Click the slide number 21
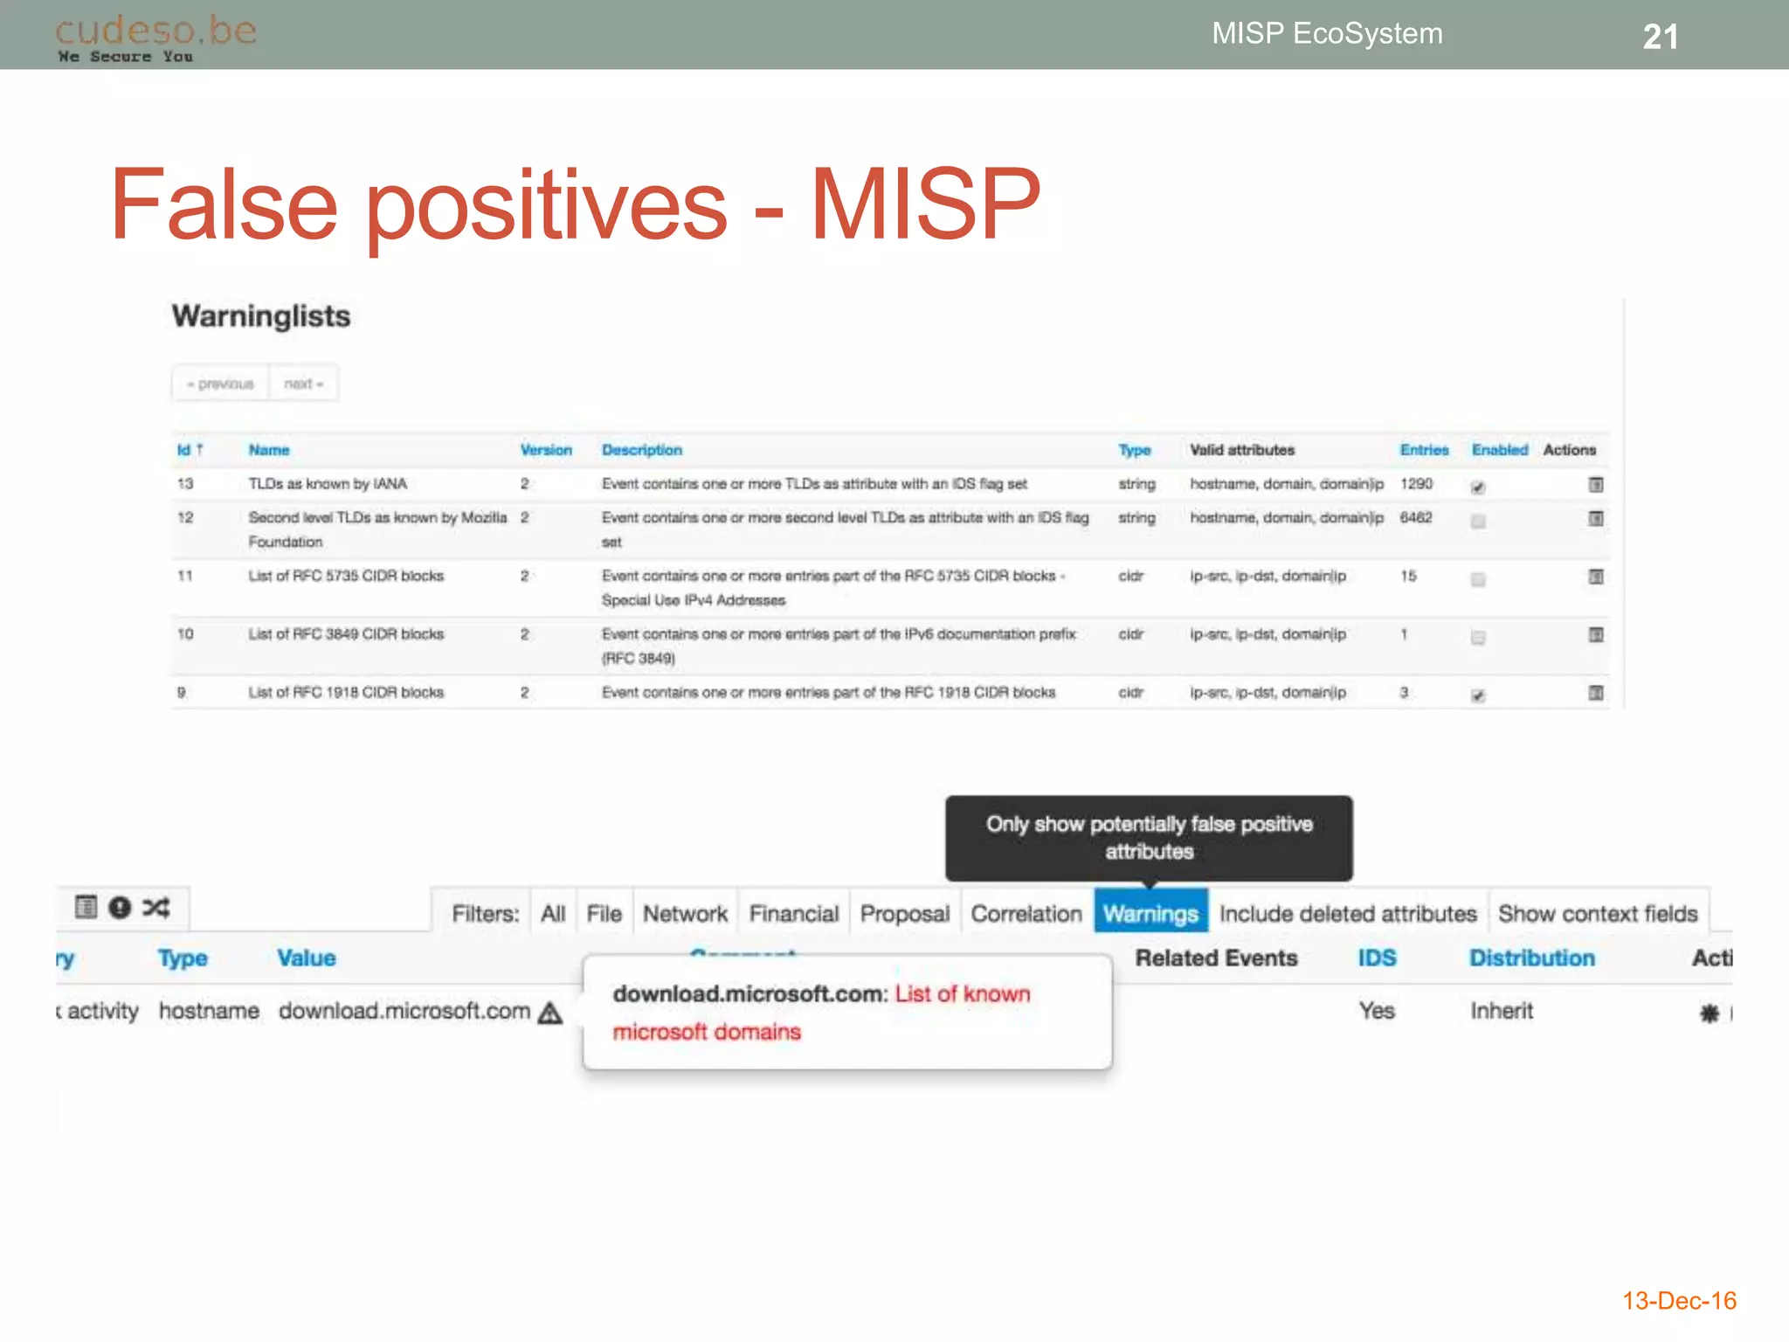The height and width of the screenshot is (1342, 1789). point(1660,37)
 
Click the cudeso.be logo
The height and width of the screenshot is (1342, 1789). point(155,38)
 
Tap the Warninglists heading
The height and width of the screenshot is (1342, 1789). point(260,316)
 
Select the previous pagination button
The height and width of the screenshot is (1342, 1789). point(220,384)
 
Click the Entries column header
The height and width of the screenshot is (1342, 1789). point(1424,450)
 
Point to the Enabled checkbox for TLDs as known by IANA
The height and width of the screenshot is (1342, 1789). point(1478,488)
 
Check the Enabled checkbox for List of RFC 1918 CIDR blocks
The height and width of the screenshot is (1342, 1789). point(1478,696)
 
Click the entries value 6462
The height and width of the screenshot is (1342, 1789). point(1416,517)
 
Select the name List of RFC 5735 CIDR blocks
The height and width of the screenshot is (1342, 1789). point(346,576)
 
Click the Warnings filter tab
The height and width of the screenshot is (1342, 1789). point(1150,913)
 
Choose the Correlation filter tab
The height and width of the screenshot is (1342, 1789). point(1026,913)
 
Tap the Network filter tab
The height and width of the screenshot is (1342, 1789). point(685,913)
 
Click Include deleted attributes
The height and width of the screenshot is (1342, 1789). point(1348,913)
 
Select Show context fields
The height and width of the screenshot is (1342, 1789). point(1598,913)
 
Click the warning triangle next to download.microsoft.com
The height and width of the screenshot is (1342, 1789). point(550,1013)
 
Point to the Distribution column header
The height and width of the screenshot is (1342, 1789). point(1532,958)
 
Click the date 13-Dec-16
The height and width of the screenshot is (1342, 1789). point(1679,1301)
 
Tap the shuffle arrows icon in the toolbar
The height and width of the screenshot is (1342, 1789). point(156,907)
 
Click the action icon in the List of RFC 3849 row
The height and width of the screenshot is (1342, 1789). point(1596,635)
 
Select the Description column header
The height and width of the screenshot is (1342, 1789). point(642,450)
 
